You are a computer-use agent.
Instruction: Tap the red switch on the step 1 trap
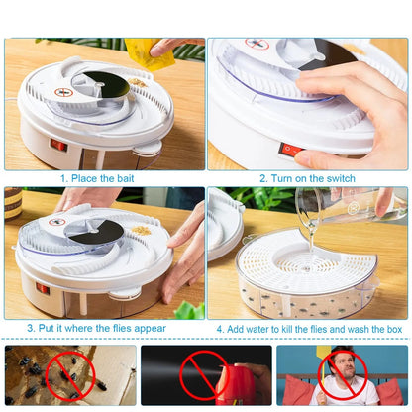(x=58, y=145)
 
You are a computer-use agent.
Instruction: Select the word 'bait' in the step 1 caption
(x=129, y=178)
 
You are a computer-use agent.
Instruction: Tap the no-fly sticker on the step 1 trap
(x=65, y=92)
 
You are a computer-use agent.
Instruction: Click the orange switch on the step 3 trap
(x=43, y=288)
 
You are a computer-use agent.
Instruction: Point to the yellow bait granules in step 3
(x=142, y=230)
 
